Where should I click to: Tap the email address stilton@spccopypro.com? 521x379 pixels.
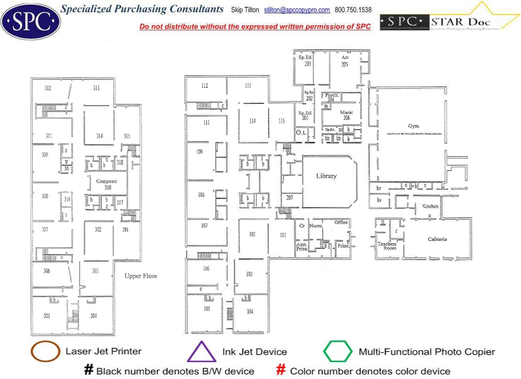point(297,10)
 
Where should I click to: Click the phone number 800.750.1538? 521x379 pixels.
point(353,10)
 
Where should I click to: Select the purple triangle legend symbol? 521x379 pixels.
point(201,352)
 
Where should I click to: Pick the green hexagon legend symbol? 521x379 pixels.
point(338,352)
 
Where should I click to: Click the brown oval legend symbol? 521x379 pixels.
point(45,352)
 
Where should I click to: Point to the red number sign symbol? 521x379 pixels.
point(282,370)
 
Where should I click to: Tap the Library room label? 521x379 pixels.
point(326,176)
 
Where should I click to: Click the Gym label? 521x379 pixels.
point(413,126)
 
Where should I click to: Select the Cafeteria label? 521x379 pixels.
point(437,239)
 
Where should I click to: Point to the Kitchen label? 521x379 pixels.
point(430,206)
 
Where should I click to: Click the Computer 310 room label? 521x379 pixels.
point(106,184)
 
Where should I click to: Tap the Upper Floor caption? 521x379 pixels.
point(141,276)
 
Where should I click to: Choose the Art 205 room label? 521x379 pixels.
point(345,61)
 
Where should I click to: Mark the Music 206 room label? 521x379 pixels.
point(346,115)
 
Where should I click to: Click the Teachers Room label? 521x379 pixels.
point(387,246)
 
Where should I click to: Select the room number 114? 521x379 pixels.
point(252,121)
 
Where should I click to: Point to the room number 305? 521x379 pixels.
point(47,316)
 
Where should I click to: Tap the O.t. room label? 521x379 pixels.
point(300,132)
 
